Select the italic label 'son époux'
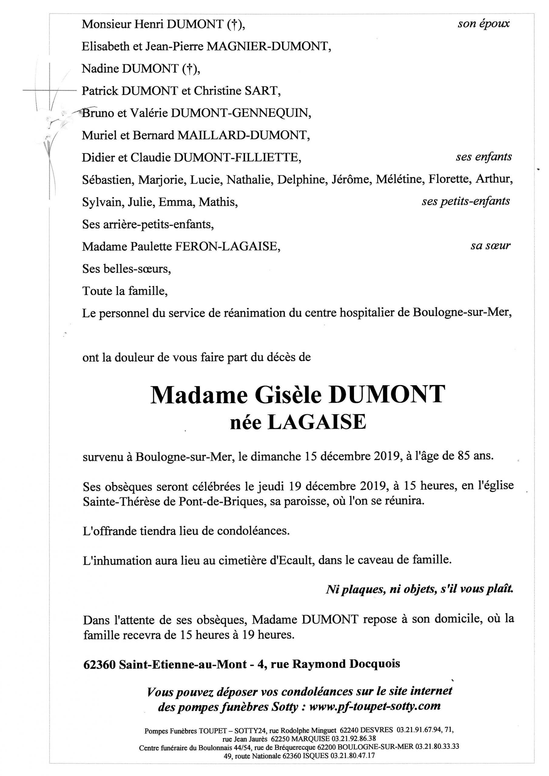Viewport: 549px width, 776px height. (483, 24)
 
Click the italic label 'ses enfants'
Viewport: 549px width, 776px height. (483, 157)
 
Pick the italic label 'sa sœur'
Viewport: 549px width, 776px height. (490, 246)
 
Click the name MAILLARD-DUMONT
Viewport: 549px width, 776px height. (243, 135)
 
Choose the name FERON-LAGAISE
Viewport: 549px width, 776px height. (227, 246)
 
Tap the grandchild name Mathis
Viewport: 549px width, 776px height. (218, 202)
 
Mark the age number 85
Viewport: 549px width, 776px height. (464, 456)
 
